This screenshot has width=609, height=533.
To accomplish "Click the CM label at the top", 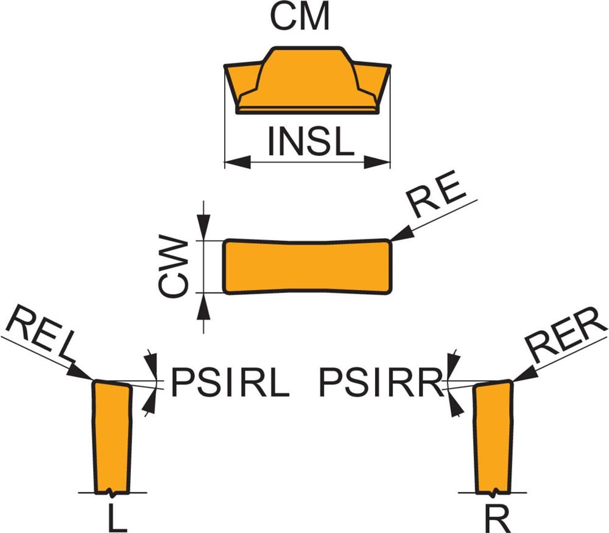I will click(300, 18).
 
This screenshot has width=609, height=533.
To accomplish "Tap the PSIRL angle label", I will click(229, 383).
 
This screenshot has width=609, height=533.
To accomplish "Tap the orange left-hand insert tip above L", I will click(111, 436).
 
